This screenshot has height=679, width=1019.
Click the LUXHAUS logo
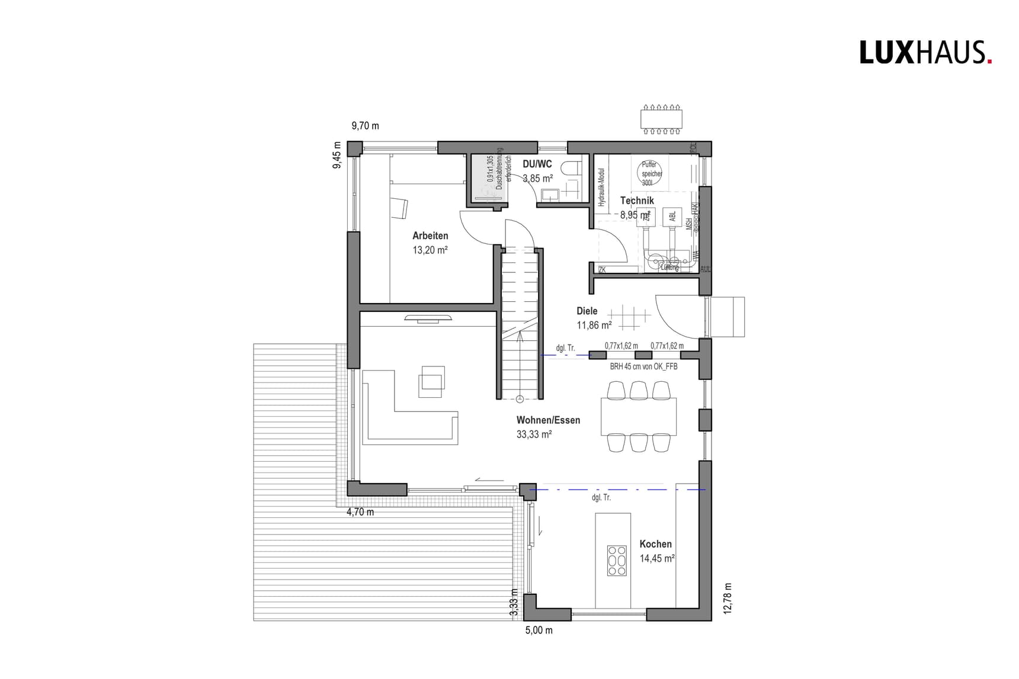(x=925, y=53)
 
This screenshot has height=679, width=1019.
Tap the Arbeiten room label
(x=430, y=236)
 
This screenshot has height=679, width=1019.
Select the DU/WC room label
(x=537, y=164)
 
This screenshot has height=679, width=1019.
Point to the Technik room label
(x=637, y=201)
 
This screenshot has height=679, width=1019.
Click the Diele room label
(x=587, y=311)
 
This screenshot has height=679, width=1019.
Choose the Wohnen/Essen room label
(x=548, y=420)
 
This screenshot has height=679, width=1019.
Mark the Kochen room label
(x=655, y=544)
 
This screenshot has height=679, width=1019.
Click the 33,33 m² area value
(x=534, y=435)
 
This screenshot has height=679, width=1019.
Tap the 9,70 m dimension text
(x=365, y=125)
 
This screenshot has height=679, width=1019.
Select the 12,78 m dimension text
(x=728, y=598)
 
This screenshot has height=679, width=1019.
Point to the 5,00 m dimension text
(x=539, y=630)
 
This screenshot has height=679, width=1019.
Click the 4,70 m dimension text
(x=360, y=512)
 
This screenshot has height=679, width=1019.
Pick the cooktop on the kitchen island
(x=616, y=560)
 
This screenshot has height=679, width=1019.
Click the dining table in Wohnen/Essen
(x=639, y=416)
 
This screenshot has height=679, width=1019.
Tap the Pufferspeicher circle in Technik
(x=651, y=173)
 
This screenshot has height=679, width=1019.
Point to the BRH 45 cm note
(x=643, y=366)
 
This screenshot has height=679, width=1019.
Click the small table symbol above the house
(x=661, y=118)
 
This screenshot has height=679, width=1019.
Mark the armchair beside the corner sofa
(x=431, y=381)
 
